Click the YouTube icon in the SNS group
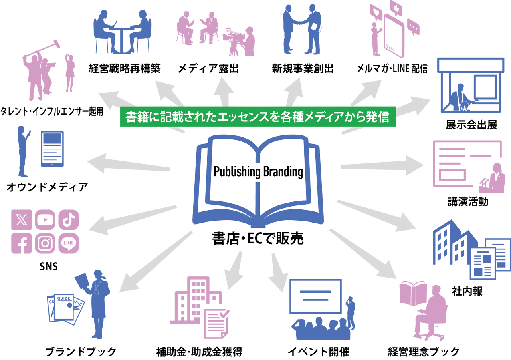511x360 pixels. pyautogui.click(x=45, y=220)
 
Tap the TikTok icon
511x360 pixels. pyautogui.click(x=69, y=220)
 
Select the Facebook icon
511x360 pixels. pyautogui.click(x=22, y=243)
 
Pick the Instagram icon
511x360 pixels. pyautogui.click(x=45, y=243)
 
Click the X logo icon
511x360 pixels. pyautogui.click(x=22, y=220)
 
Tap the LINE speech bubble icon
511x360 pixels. pyautogui.click(x=69, y=243)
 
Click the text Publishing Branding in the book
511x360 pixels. pyautogui.click(x=258, y=171)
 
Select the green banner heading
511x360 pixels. pyautogui.click(x=258, y=117)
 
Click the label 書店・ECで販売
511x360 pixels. pyautogui.click(x=258, y=239)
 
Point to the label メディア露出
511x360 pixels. pyautogui.click(x=208, y=68)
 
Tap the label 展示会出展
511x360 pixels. pyautogui.click(x=471, y=125)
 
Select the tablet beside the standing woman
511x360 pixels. pyautogui.click(x=52, y=149)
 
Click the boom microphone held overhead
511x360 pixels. pyautogui.click(x=42, y=48)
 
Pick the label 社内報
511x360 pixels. pyautogui.click(x=467, y=292)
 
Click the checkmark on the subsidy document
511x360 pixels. pyautogui.click(x=224, y=313)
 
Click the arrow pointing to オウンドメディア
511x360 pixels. pyautogui.click(x=129, y=163)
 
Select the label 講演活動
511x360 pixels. pyautogui.click(x=468, y=201)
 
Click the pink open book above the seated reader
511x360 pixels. pyautogui.click(x=413, y=294)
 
